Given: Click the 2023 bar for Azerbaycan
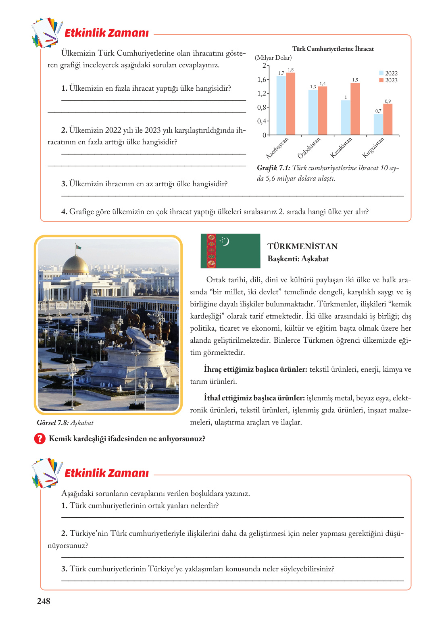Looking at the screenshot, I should (290, 104).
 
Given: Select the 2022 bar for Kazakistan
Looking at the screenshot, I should (346, 117).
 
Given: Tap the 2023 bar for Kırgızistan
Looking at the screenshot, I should (388, 119).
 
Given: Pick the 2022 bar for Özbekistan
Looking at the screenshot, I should (313, 112).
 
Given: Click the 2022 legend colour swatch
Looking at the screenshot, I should (381, 73).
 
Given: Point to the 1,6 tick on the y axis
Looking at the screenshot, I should (262, 80).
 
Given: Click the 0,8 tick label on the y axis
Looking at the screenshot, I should (261, 108).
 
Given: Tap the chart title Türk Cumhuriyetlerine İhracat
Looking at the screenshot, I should (333, 49).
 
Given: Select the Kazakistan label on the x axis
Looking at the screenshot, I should (341, 148).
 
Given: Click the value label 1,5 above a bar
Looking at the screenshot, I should (355, 80).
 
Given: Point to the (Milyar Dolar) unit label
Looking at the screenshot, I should (273, 58).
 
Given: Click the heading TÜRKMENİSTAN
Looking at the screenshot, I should (302, 246).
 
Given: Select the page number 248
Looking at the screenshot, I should (44, 601).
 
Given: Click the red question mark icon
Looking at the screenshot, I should (40, 438).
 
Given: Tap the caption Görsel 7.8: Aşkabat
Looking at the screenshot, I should (65, 423).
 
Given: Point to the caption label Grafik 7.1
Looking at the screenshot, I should (273, 168).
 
